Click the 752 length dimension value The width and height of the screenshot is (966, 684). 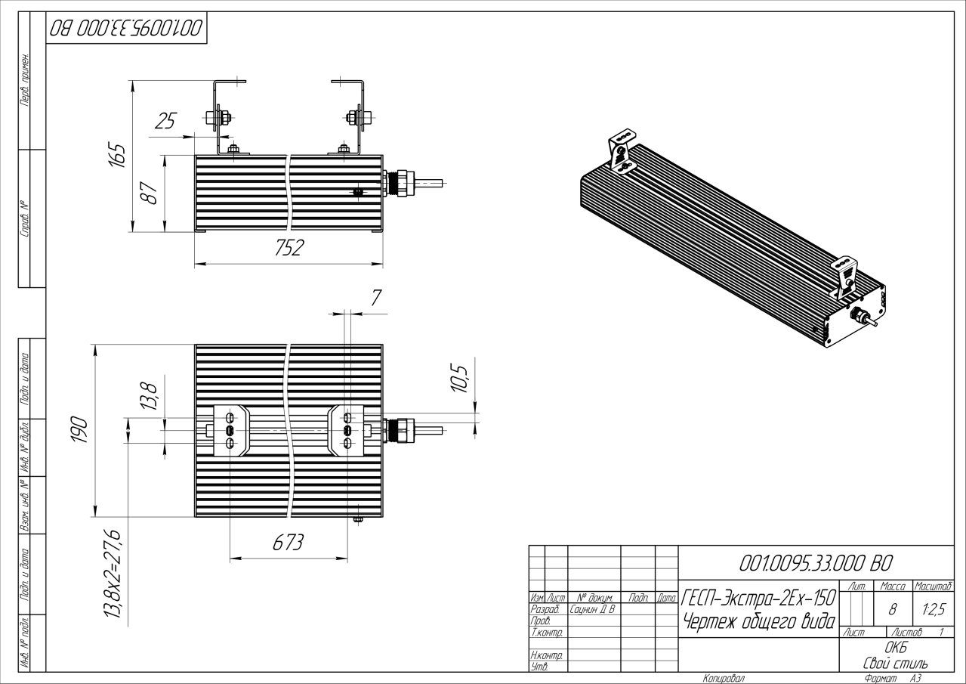[289, 248]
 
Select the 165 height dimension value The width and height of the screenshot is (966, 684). [116, 154]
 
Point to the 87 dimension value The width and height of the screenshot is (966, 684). [149, 193]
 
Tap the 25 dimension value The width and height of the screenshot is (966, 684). [165, 121]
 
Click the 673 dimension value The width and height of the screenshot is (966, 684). [288, 543]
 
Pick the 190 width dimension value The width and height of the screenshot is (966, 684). [79, 429]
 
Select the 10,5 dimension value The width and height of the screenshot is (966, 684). [459, 379]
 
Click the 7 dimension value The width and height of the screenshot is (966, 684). [376, 298]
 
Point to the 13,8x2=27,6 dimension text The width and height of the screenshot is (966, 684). [113, 573]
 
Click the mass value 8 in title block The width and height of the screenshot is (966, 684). [892, 609]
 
